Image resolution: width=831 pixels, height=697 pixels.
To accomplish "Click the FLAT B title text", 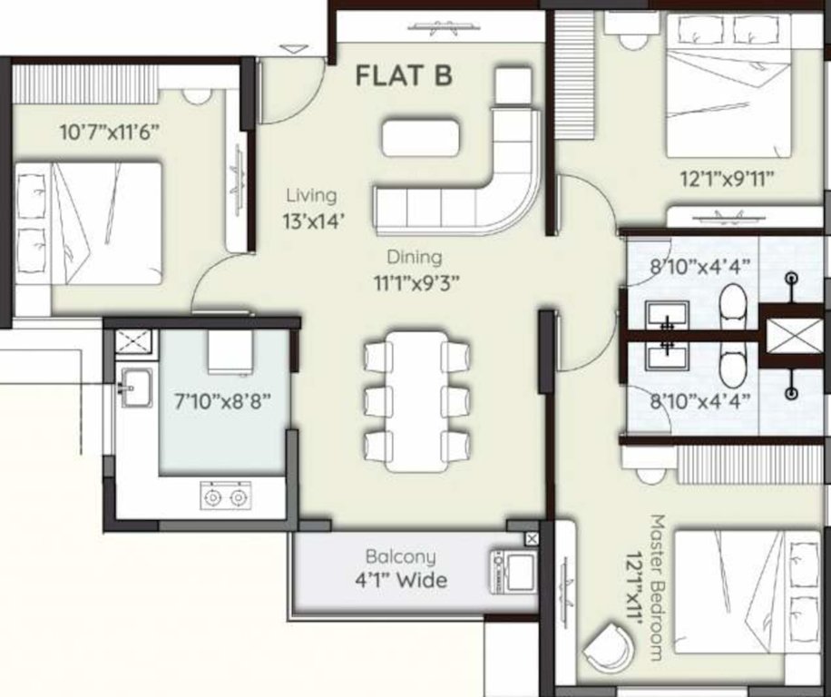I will [403, 75].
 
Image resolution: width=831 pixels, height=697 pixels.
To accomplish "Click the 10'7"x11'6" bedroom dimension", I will [110, 133].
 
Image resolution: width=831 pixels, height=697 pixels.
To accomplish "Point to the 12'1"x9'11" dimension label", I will [727, 179].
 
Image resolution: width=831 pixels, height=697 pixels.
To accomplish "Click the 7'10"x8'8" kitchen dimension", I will [222, 399].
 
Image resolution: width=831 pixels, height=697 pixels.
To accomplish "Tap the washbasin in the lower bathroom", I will [667, 355].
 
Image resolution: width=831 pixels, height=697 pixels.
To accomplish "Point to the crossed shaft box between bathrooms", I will [788, 335].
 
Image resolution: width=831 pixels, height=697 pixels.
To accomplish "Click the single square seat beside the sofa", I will [513, 86].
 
